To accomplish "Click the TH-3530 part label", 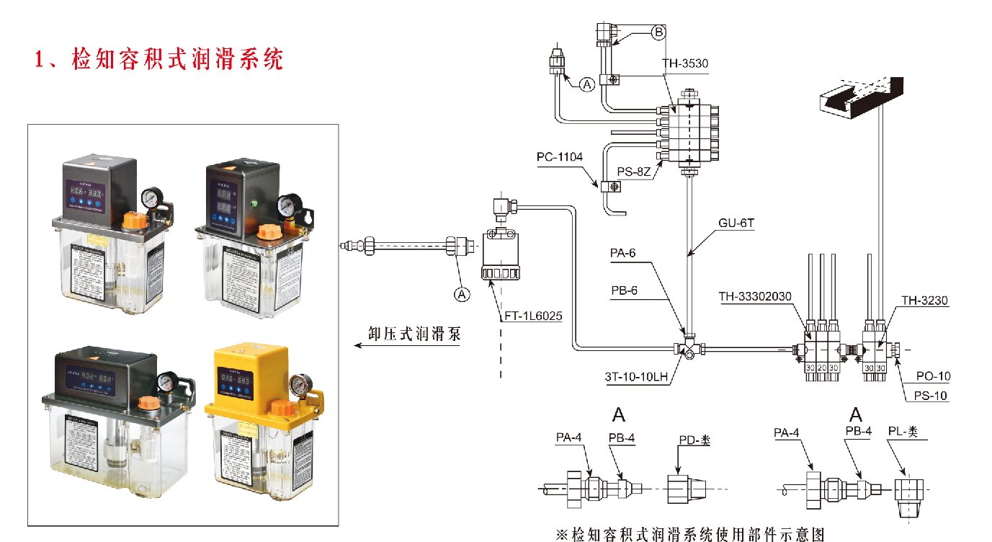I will (685, 63).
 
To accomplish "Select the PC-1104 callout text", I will (559, 156).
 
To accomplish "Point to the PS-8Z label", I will (635, 171).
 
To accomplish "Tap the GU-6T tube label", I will (736, 223).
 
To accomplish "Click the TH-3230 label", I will (925, 298).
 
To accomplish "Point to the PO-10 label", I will (933, 376).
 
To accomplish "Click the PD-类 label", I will (694, 440).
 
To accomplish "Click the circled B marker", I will (658, 32).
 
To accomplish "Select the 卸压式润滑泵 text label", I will (414, 334).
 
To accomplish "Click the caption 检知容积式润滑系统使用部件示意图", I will (689, 534).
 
